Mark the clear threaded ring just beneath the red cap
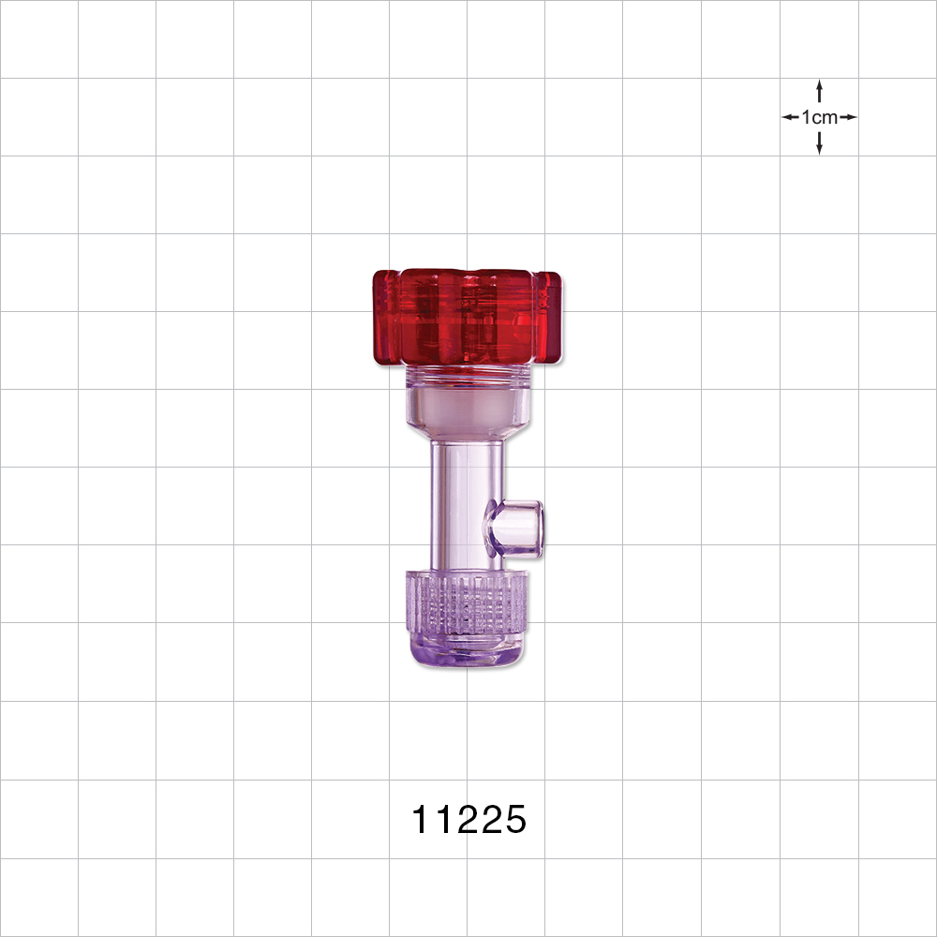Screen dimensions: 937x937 pyautogui.click(x=467, y=377)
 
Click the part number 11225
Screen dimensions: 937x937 pyautogui.click(x=469, y=821)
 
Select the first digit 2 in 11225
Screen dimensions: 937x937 pyautogui.click(x=458, y=821)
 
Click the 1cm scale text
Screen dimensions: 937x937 pyautogui.click(x=820, y=117)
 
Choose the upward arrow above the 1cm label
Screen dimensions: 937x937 pyautogui.click(x=820, y=90)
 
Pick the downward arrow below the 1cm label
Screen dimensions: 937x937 pyautogui.click(x=820, y=144)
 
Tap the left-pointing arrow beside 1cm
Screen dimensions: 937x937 pyautogui.click(x=790, y=117)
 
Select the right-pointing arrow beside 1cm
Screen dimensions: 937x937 pyautogui.click(x=849, y=117)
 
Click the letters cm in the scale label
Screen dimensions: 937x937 pyautogui.click(x=826, y=117)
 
